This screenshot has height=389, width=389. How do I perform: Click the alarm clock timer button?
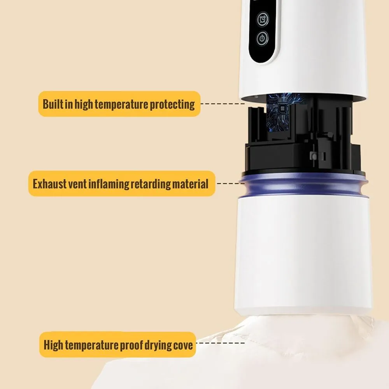263,19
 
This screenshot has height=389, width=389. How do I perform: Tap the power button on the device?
262,39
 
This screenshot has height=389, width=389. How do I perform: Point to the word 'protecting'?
172,105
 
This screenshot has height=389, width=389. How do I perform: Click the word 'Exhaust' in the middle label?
50,184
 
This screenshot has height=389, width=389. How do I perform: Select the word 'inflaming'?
109,184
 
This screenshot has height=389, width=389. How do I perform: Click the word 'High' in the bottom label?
53,345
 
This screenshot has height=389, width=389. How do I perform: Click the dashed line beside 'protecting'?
223,104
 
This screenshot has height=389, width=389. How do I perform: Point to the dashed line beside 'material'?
231,184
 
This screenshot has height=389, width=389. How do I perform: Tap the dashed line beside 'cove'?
221,343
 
